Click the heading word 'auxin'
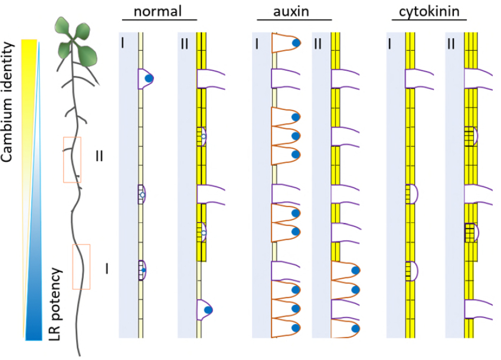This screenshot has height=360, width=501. point(294,12)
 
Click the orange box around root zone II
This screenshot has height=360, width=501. point(72,159)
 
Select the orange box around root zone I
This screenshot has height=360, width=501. point(81,267)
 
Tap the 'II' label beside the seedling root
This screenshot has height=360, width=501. point(100,156)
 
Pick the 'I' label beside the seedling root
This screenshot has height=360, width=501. point(107,269)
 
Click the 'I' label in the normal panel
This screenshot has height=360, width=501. point(123,42)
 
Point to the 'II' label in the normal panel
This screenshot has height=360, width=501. point(185,42)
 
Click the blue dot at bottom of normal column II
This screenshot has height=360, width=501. point(207,310)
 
